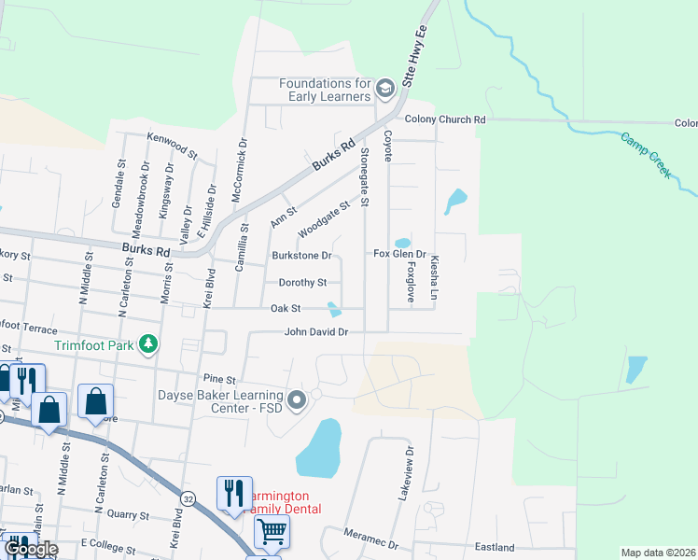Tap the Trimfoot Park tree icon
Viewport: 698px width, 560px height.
click(147, 345)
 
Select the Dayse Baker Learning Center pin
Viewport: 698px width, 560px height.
click(298, 400)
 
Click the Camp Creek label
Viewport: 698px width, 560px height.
click(647, 154)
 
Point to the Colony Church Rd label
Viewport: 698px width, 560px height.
click(445, 119)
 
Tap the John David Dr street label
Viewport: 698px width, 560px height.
click(316, 331)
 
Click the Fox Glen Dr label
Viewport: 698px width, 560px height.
click(399, 254)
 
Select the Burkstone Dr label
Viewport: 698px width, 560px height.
click(301, 255)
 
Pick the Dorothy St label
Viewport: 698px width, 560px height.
click(302, 282)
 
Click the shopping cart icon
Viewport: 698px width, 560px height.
click(272, 531)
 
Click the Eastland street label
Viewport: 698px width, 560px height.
click(494, 547)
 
